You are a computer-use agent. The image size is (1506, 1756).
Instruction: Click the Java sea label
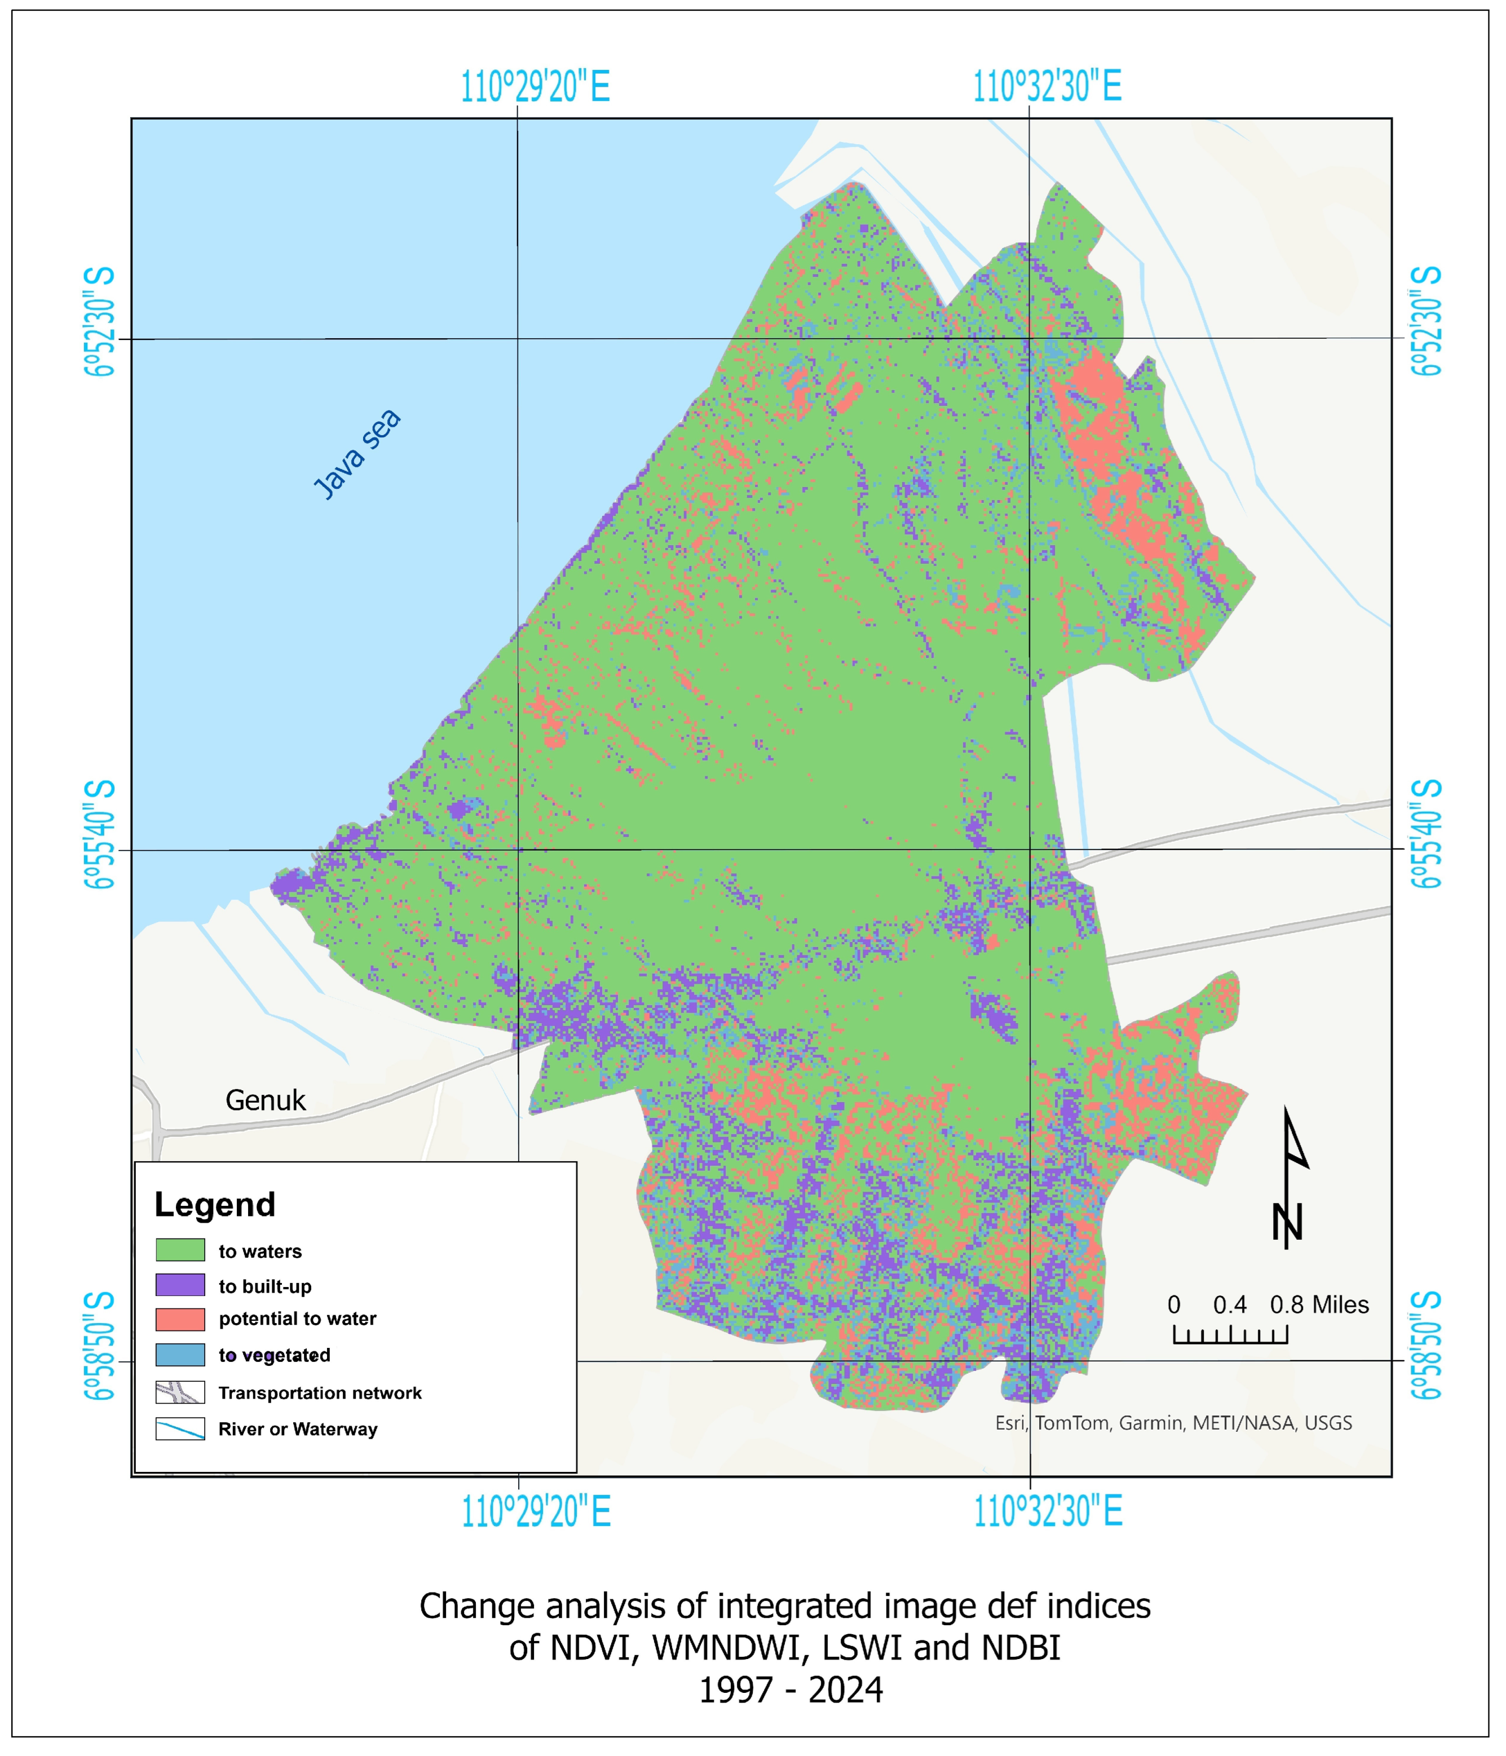pyautogui.click(x=357, y=454)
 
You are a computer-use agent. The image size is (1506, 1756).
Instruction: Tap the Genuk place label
pyautogui.click(x=265, y=1100)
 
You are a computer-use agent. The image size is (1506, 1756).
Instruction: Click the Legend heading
pyautogui.click(x=214, y=1204)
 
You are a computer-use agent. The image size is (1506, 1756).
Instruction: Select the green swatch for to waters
pyautogui.click(x=180, y=1250)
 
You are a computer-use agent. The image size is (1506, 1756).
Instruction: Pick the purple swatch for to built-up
pyautogui.click(x=180, y=1285)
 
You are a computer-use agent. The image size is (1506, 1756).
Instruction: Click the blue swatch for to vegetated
pyautogui.click(x=180, y=1354)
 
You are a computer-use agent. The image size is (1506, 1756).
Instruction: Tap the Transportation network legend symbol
pyautogui.click(x=180, y=1392)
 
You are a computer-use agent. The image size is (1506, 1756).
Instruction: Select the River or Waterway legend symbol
pyautogui.click(x=180, y=1429)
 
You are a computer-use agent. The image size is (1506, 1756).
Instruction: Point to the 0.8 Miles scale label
pyautogui.click(x=1319, y=1304)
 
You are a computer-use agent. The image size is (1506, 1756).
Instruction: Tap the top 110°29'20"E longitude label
pyautogui.click(x=535, y=86)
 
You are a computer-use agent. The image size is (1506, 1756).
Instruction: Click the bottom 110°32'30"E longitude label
pyautogui.click(x=1048, y=1512)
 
